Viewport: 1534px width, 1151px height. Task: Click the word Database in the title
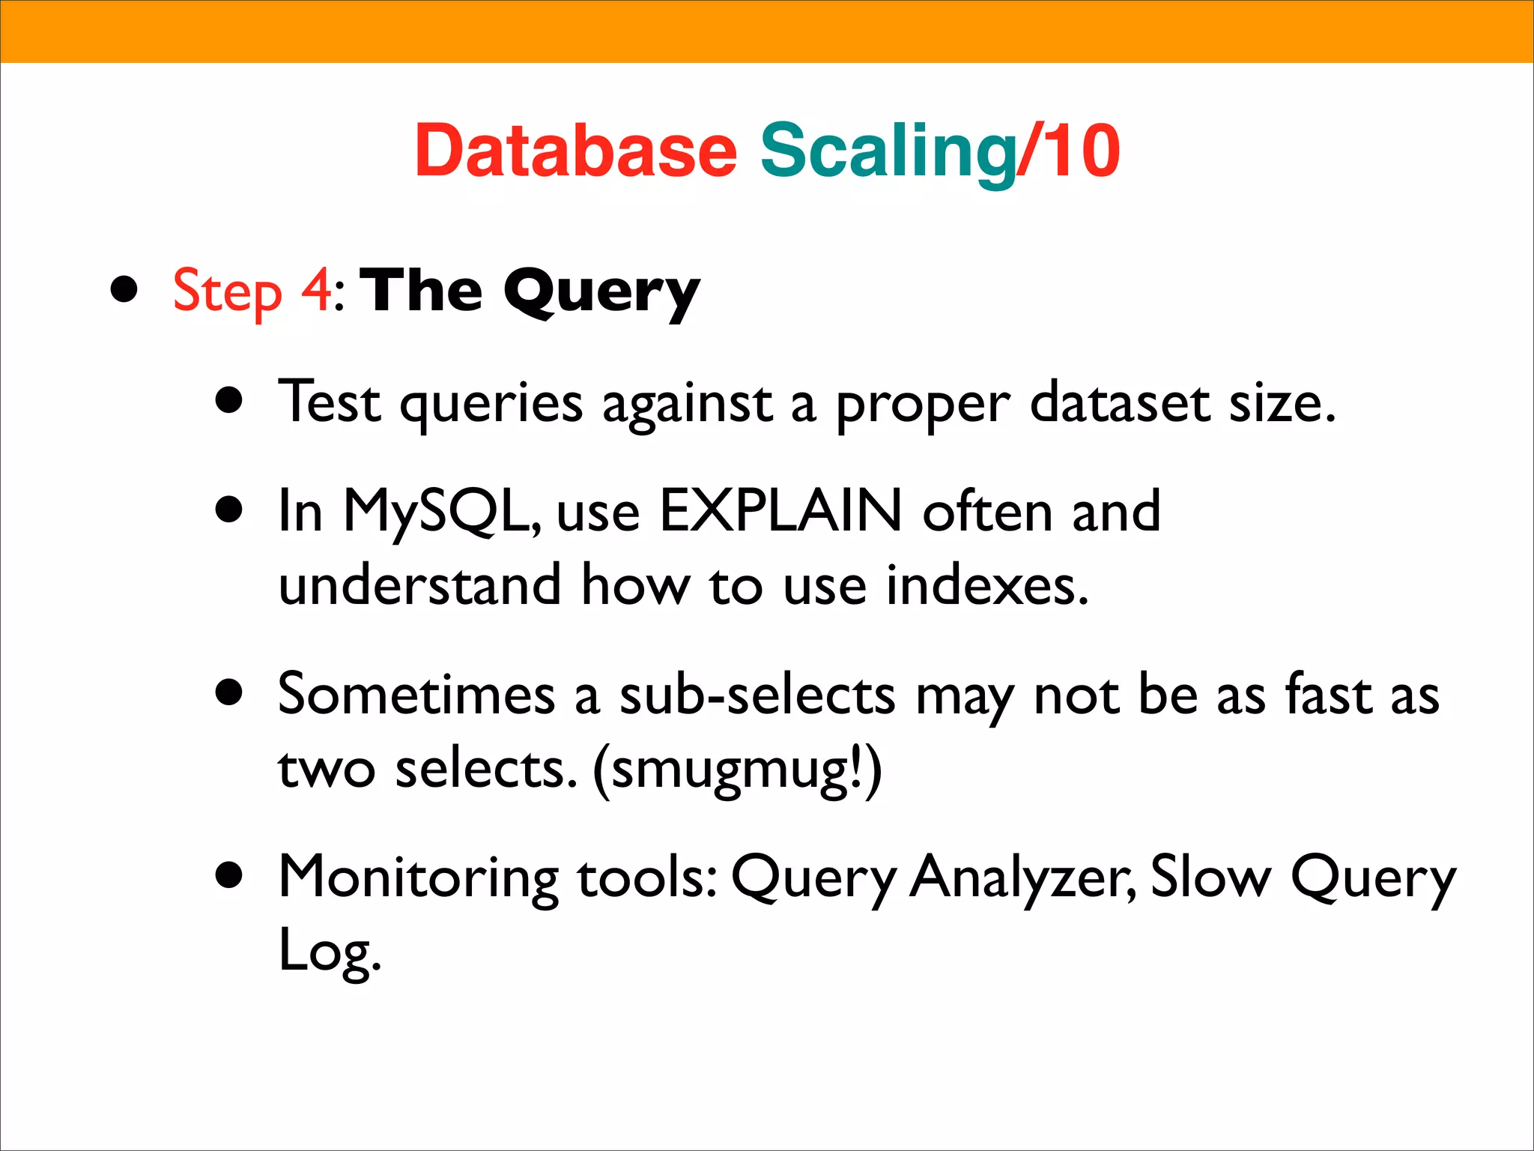pos(575,151)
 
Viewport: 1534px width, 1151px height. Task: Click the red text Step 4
pos(252,291)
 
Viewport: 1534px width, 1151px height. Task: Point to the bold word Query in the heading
pos(601,292)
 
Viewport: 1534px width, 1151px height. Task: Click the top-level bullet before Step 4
pos(124,290)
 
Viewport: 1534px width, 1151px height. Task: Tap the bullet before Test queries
pos(229,401)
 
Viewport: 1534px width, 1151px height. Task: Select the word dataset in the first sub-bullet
pos(1120,403)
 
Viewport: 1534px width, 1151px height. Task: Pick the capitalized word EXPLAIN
pos(780,511)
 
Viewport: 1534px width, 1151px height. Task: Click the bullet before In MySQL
pos(229,510)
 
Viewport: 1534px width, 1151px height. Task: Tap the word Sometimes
pos(416,694)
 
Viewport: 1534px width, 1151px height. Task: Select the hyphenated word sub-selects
pos(757,694)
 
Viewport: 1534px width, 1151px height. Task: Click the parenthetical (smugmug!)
pos(737,770)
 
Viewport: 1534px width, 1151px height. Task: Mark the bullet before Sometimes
pos(229,693)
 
